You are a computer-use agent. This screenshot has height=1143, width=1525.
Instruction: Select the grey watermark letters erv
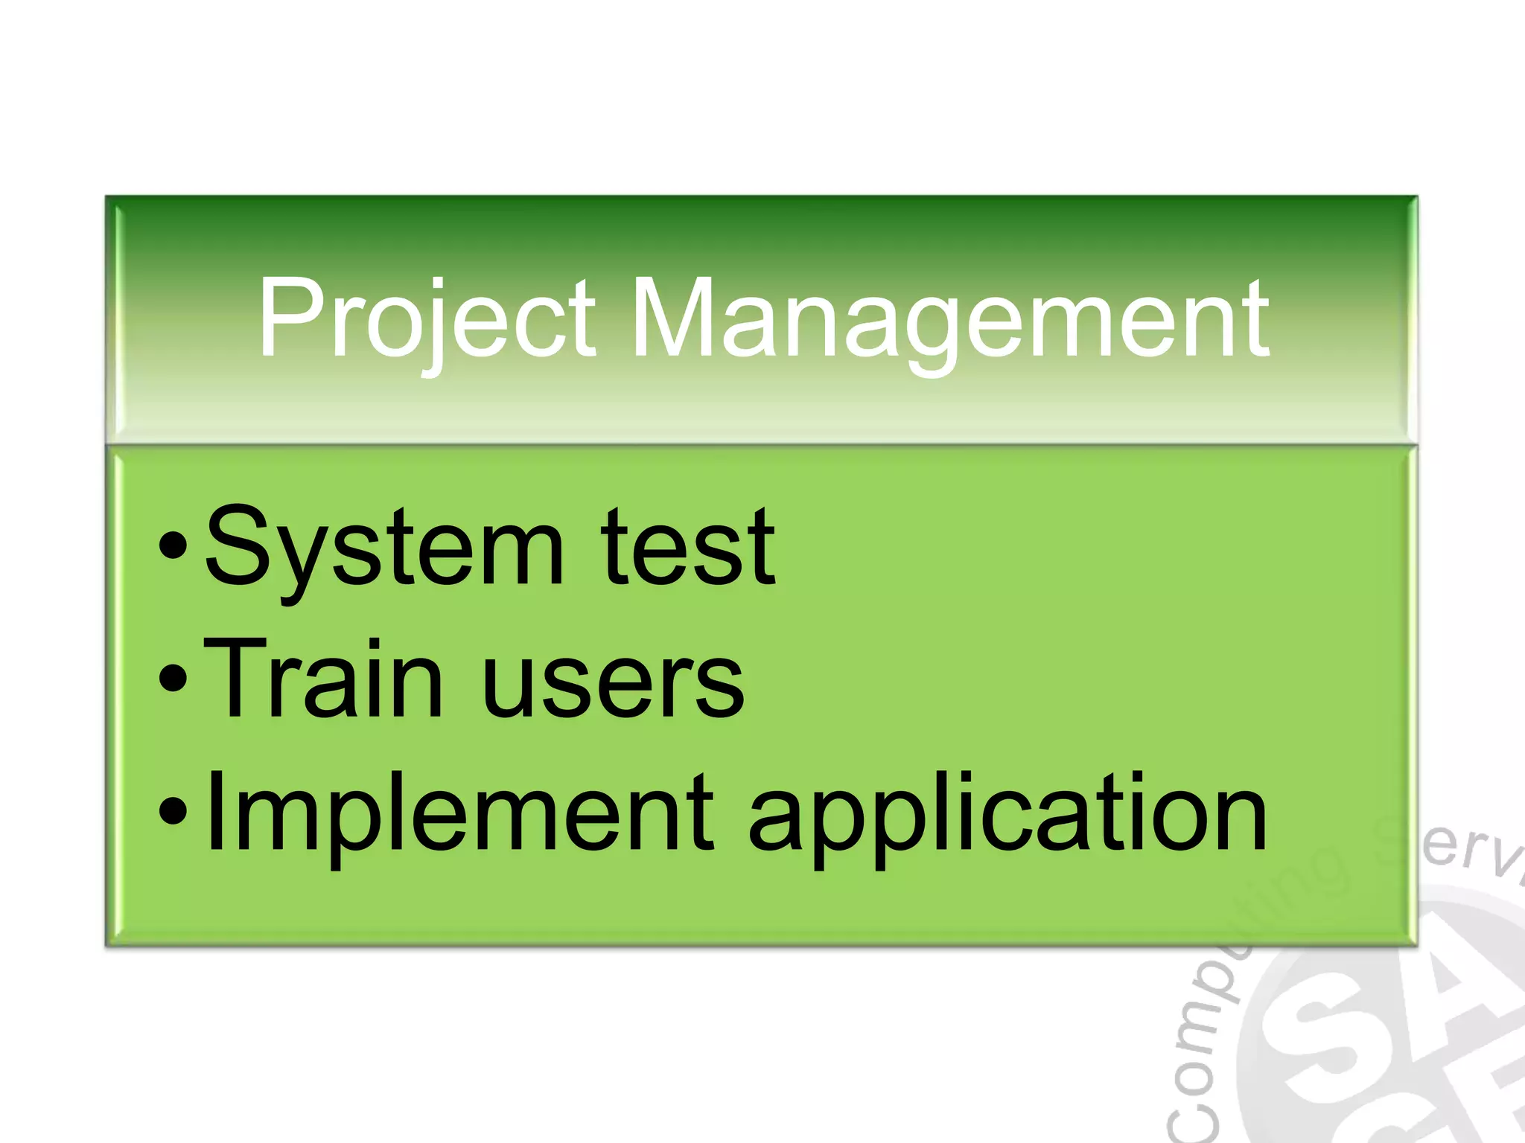[1471, 856]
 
